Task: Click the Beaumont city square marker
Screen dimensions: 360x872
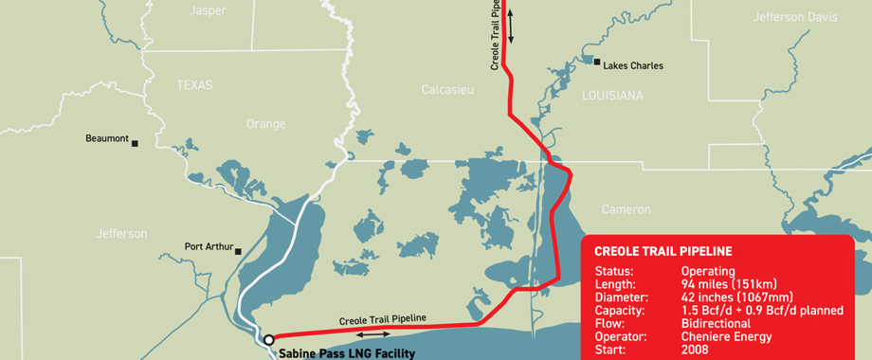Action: pos(135,143)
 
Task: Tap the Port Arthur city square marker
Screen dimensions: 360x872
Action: pos(238,251)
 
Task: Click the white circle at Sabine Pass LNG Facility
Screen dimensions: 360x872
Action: pos(269,338)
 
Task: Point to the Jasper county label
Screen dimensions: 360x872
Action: pos(209,11)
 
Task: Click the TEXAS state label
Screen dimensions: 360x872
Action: pos(195,85)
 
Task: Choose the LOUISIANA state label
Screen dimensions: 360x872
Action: pos(612,96)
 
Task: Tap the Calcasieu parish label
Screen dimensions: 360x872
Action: pos(446,90)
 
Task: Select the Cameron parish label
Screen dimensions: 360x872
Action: pos(627,208)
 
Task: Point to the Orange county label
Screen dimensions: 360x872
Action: pos(265,124)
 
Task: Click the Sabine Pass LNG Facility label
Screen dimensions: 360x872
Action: pos(347,353)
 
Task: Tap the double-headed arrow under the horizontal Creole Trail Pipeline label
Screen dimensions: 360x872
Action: pos(373,333)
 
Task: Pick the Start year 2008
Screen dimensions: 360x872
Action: pos(695,350)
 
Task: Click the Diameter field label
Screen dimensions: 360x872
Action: pos(621,297)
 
